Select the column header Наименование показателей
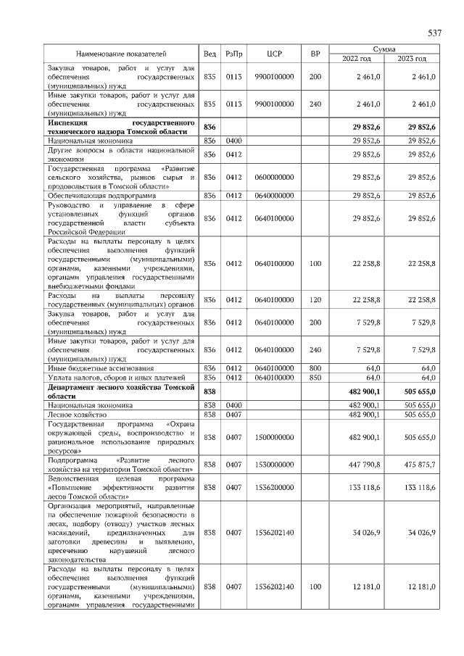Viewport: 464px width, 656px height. (x=122, y=54)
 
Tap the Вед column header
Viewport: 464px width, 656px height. (x=210, y=54)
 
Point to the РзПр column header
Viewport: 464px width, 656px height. (x=234, y=54)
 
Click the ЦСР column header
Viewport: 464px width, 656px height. (x=274, y=54)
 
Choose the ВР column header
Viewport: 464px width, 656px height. (x=315, y=54)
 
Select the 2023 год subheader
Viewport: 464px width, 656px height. (x=412, y=59)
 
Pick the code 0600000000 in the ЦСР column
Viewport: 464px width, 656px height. (x=274, y=177)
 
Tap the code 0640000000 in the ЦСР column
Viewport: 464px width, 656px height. (x=274, y=195)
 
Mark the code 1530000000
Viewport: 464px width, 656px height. (x=274, y=464)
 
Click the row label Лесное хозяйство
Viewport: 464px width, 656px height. (x=77, y=414)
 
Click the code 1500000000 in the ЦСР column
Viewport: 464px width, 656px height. (x=274, y=437)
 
